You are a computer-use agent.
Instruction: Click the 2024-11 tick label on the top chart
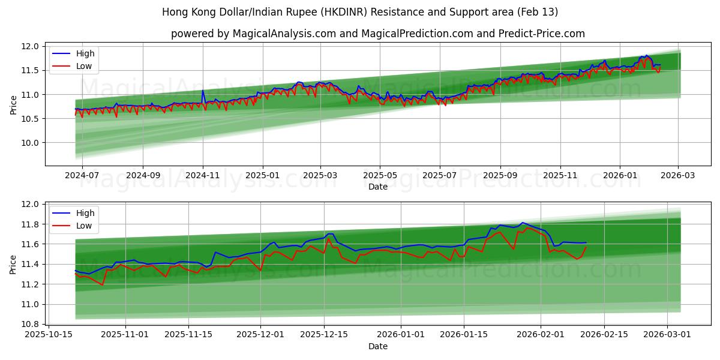203,176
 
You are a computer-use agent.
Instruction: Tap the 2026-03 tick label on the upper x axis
679,176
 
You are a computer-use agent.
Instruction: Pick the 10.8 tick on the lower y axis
31,324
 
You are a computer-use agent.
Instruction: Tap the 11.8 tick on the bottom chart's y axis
31,224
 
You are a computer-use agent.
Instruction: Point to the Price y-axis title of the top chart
14,105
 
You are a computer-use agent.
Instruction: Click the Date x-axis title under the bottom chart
378,346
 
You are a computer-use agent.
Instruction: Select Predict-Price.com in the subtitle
542,34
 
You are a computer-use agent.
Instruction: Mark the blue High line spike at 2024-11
203,91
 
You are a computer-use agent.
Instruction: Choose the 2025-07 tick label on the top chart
439,176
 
